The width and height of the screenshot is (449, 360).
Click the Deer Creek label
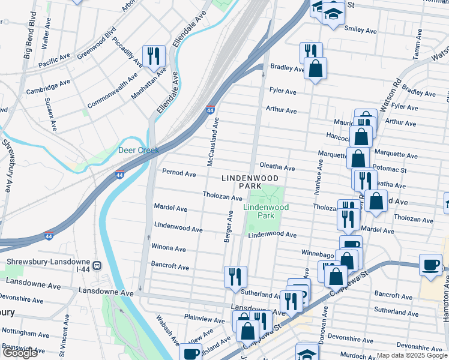coord(138,150)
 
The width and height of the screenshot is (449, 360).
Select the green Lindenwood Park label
coord(266,211)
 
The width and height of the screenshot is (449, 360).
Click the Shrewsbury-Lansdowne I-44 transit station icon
coord(96,264)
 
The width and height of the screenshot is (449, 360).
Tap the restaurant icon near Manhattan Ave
coord(152,56)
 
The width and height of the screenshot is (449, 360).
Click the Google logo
coord(20,353)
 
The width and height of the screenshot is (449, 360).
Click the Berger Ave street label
coord(228,227)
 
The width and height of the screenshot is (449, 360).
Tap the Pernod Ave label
coord(179,173)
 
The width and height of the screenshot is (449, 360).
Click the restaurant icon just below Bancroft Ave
coord(234,277)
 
